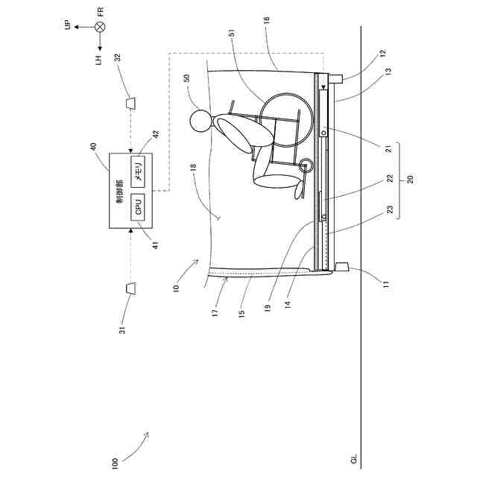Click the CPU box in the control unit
(x=138, y=206)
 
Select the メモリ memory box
(x=138, y=171)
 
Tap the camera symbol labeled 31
(x=130, y=288)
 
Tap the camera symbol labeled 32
(x=130, y=101)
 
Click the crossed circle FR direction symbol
(x=99, y=27)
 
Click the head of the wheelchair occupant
(x=200, y=120)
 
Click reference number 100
(x=115, y=462)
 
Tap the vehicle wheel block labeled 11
(x=344, y=268)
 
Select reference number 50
(x=186, y=78)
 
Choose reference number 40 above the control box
(x=95, y=147)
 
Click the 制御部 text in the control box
(x=119, y=191)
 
